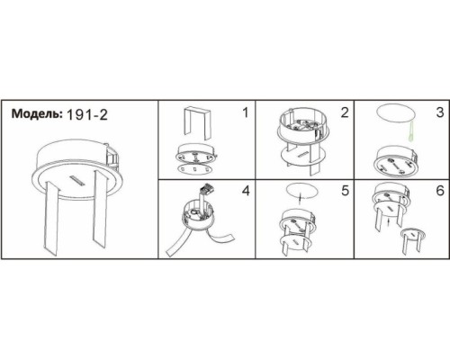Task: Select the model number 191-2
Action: (x=86, y=114)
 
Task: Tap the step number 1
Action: (x=246, y=112)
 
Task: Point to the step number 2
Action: (x=345, y=112)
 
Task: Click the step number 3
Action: (x=440, y=112)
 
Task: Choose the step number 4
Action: (x=246, y=191)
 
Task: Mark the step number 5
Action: (x=346, y=191)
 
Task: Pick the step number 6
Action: (x=440, y=191)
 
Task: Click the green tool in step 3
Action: (x=411, y=131)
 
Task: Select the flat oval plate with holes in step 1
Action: (x=193, y=169)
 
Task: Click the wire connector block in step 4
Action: (x=206, y=189)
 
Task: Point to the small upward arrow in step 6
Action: (x=389, y=222)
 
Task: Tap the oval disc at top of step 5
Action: (x=301, y=191)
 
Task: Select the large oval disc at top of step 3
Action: (x=396, y=113)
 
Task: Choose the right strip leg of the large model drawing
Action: (x=100, y=208)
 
